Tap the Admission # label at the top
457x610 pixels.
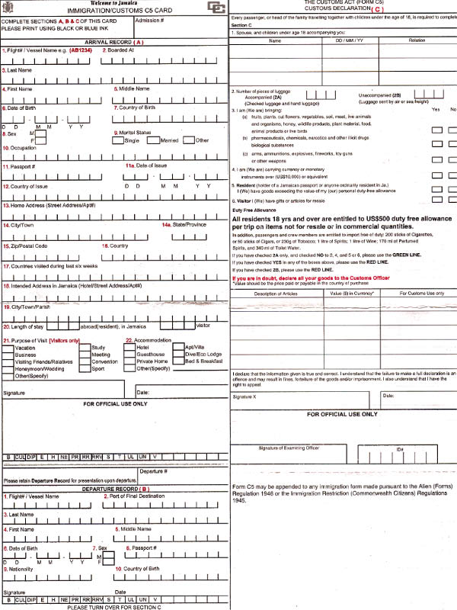(149, 21)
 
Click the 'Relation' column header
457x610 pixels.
(417, 39)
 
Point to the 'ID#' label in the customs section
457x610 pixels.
(398, 450)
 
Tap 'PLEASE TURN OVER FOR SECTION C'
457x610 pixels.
(114, 606)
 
